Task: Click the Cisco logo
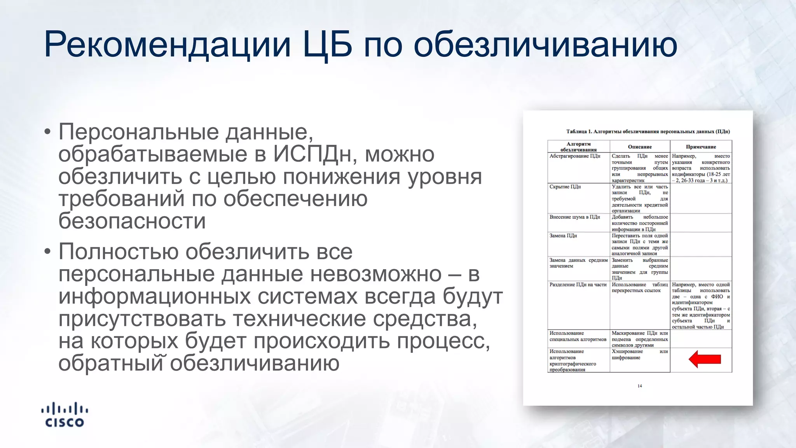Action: point(65,415)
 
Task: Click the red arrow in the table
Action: point(704,359)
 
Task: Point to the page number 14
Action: point(640,386)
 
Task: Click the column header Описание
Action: point(640,147)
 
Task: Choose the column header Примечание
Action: point(701,147)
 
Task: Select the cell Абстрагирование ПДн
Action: point(575,156)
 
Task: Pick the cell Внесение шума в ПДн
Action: point(574,217)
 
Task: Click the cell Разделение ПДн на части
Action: point(578,285)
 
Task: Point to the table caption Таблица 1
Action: point(648,131)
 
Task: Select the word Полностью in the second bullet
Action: point(119,252)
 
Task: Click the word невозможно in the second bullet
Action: point(376,274)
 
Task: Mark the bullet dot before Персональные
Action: point(47,132)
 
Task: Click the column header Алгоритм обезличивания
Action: point(578,147)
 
